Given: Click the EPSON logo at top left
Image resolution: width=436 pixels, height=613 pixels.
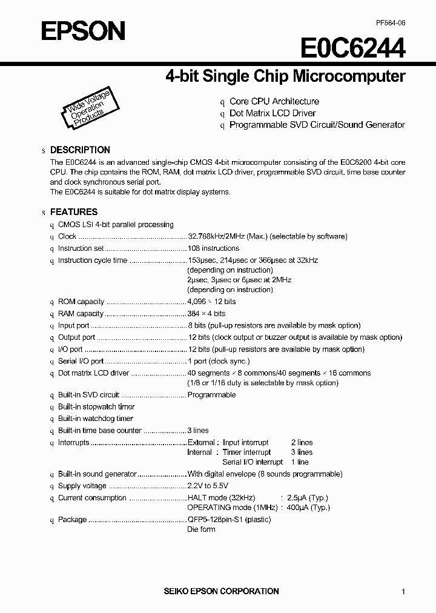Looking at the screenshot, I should coord(83,30).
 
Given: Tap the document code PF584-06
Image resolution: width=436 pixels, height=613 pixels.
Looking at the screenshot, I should coord(390,22).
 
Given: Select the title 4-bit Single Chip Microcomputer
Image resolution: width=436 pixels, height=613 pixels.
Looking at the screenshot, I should coord(285,76).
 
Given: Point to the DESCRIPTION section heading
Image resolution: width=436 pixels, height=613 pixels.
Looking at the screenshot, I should coord(80,150).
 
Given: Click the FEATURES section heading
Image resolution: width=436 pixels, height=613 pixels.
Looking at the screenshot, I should coord(73,212).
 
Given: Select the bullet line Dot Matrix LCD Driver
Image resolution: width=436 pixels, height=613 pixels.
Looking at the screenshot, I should coord(272,113).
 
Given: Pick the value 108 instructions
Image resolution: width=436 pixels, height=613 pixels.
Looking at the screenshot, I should coord(213,248).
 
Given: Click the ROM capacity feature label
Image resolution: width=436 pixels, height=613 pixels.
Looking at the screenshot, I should coord(81,302).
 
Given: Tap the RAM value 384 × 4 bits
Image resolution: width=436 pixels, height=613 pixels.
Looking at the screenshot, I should coord(206,314).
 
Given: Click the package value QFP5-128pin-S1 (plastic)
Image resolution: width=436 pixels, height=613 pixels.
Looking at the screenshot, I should coord(229,520).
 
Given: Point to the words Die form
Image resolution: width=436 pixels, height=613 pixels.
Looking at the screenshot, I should coord(201,529).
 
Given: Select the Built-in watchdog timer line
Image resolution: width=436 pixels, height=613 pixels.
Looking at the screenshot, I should coord(96,419).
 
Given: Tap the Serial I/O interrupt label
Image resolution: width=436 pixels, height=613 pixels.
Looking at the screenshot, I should coord(253,462).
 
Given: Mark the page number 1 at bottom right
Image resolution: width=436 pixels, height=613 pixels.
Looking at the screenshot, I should coord(403,592).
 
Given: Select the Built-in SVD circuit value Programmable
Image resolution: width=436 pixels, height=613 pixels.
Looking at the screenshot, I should coord(211,395).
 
